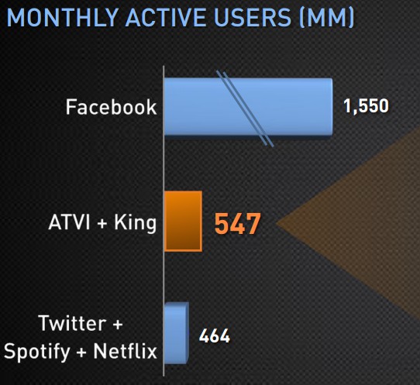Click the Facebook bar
pyautogui.click(x=248, y=107)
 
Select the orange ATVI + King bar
pyautogui.click(x=183, y=221)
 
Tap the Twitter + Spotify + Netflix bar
pyautogui.click(x=177, y=333)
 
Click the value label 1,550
pyautogui.click(x=366, y=106)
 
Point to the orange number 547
pyautogui.click(x=238, y=224)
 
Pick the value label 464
pyautogui.click(x=215, y=335)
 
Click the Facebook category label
pyautogui.click(x=111, y=107)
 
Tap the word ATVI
pyautogui.click(x=69, y=222)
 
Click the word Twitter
pyautogui.click(x=72, y=323)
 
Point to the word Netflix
pyautogui.click(x=125, y=350)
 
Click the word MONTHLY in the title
pyautogui.click(x=63, y=18)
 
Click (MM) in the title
pyautogui.click(x=326, y=18)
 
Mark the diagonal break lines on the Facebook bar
pyautogui.click(x=245, y=109)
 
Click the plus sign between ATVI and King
pyautogui.click(x=102, y=223)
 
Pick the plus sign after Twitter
pyautogui.click(x=118, y=324)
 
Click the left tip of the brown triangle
pyautogui.click(x=276, y=224)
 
